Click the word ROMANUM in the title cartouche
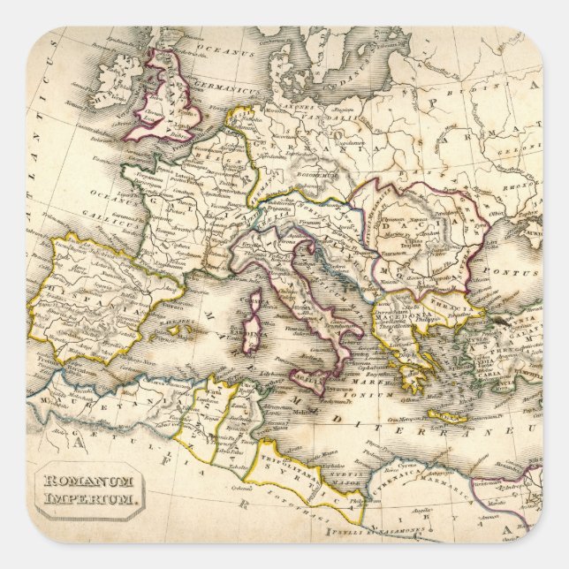(86, 482)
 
